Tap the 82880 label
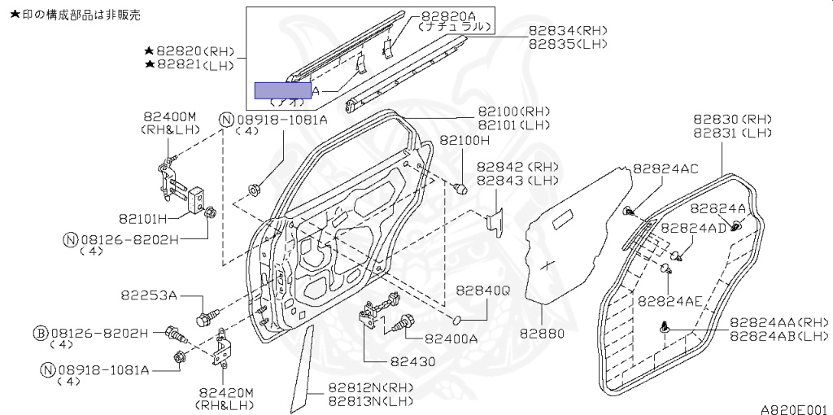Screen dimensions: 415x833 542,333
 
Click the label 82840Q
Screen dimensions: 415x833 482,290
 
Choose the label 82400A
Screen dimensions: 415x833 451,339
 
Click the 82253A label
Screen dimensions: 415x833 150,295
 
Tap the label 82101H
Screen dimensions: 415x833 142,218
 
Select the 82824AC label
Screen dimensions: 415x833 665,168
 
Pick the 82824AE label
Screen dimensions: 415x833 669,300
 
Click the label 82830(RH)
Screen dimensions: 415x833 732,119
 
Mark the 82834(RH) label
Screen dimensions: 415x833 567,31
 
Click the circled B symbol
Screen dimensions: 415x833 40,333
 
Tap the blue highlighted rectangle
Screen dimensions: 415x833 283,90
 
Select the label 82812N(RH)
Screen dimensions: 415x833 371,388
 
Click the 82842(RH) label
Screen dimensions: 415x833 517,166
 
